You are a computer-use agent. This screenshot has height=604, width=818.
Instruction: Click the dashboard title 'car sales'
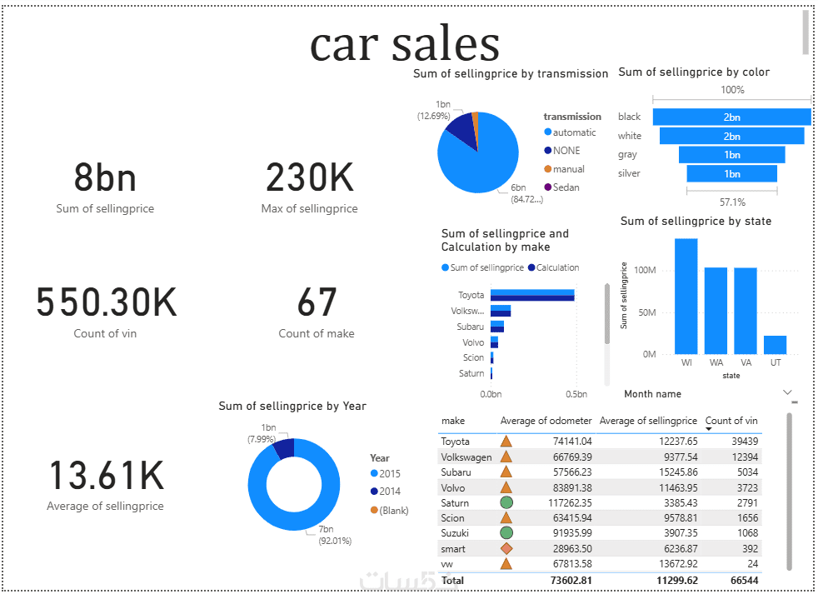tap(405, 43)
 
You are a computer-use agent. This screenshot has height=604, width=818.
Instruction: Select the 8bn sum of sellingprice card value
tap(105, 177)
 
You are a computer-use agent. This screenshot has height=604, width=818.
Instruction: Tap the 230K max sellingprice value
tap(309, 177)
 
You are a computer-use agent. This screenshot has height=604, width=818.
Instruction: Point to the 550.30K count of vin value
tap(106, 302)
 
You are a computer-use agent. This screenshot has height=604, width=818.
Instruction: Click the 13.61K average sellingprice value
tap(106, 476)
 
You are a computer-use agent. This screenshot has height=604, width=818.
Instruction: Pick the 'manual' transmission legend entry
tap(569, 169)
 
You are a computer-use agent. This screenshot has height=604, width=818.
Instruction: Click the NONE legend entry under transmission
tap(566, 151)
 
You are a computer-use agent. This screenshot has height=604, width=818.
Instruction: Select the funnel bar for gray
tap(731, 155)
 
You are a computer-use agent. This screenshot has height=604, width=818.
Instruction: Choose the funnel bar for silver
tap(731, 173)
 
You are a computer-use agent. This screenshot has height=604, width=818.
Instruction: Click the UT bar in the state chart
tap(775, 345)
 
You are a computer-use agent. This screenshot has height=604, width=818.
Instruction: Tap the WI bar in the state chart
tap(686, 297)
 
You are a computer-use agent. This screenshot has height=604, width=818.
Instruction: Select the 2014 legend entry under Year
tap(390, 492)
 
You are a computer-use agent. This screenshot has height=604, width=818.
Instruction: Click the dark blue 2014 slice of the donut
tap(283, 448)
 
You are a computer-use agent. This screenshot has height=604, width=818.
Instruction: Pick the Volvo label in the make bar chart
tap(473, 342)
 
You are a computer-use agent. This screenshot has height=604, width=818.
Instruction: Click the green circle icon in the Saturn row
tap(506, 503)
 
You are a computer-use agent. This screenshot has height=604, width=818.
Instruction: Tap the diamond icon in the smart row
tap(506, 549)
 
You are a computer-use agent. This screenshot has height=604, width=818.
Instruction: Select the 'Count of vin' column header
tap(731, 421)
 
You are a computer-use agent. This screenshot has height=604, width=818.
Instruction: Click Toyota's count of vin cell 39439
tap(742, 442)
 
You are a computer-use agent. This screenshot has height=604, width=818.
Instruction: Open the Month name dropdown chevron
tap(787, 392)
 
